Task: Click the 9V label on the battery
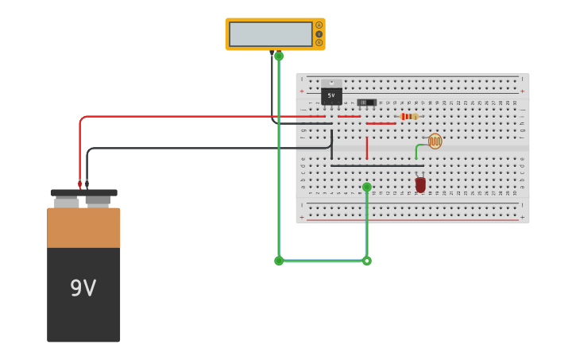point(83,288)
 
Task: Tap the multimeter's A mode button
point(319,25)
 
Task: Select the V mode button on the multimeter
point(319,34)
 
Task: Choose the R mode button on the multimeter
point(319,43)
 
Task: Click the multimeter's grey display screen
point(270,34)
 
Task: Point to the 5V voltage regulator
point(331,94)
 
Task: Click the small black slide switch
point(366,103)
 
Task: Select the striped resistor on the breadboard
point(408,117)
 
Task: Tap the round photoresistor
point(435,141)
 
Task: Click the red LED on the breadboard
point(420,184)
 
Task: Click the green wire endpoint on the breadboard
point(366,188)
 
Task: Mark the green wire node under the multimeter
point(279,56)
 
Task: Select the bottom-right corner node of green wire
point(366,261)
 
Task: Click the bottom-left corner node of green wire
point(279,261)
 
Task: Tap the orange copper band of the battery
point(83,228)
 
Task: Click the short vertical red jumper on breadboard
point(366,148)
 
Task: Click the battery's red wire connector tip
point(79,184)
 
